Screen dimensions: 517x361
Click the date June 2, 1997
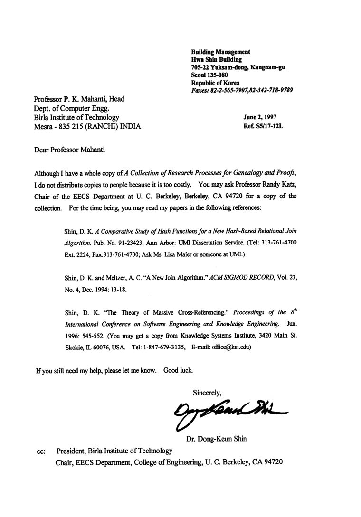pos(260,117)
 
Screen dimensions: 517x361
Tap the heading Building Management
pos(220,52)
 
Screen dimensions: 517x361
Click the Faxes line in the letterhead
pos(241,90)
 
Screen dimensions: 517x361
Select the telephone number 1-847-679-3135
pos(163,347)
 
